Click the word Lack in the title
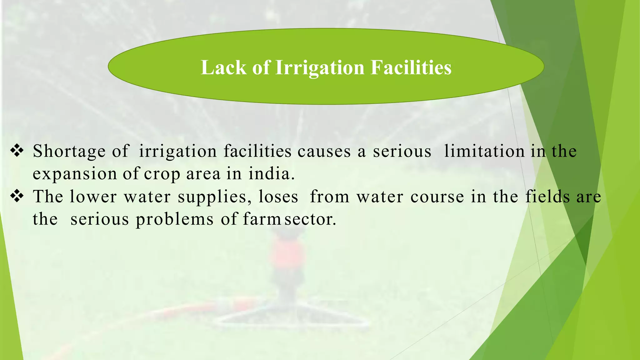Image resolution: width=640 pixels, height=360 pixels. tap(223, 67)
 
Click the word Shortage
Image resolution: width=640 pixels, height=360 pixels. tap(69, 152)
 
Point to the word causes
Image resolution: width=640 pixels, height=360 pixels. tap(324, 152)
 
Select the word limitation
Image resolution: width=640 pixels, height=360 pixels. tap(484, 152)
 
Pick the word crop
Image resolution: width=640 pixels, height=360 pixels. tap(162, 174)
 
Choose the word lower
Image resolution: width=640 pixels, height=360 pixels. tap(93, 197)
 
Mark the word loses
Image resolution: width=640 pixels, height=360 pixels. tap(278, 197)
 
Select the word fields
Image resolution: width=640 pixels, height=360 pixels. tap(547, 197)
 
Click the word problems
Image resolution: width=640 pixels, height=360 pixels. tap(175, 219)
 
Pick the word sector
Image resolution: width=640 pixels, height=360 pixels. tap(310, 219)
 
